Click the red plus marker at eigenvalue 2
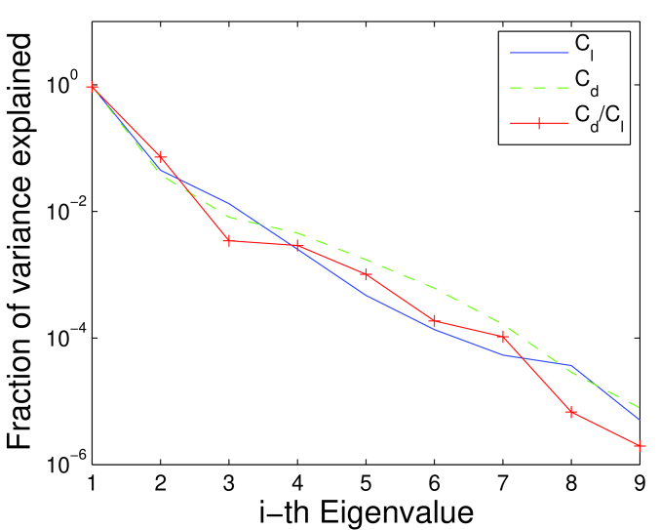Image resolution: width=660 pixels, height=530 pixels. [x=160, y=157]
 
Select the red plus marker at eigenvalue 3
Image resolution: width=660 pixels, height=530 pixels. [x=228, y=240]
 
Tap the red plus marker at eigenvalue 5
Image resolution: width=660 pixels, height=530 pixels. [x=366, y=274]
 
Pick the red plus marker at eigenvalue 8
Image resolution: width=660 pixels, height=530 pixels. [x=571, y=412]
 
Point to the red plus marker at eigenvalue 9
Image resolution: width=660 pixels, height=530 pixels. [x=640, y=446]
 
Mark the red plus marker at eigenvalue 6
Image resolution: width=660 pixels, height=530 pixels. [x=434, y=320]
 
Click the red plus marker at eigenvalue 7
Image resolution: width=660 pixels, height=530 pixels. [x=503, y=337]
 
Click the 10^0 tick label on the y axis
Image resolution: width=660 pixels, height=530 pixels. [x=64, y=86]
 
